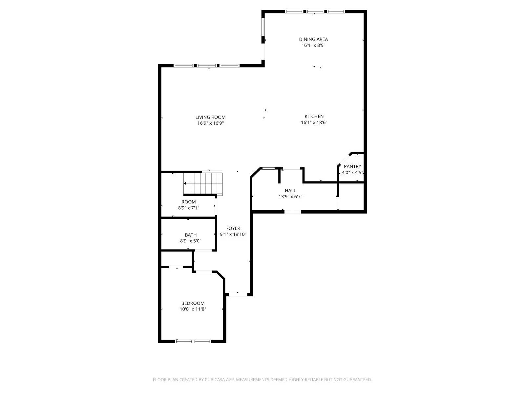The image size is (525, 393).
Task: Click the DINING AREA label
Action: tap(313, 39)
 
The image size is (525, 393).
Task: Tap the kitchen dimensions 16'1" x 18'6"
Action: tap(314, 122)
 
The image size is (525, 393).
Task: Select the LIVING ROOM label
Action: tap(210, 117)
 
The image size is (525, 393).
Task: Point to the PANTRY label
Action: tap(352, 166)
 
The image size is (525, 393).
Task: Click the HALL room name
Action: tap(290, 190)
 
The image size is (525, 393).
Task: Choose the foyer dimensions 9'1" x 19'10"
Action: tap(233, 234)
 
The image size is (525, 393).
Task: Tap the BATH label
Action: tap(191, 235)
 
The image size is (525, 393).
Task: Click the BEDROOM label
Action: tap(193, 303)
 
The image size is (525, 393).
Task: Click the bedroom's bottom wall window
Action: tap(193, 341)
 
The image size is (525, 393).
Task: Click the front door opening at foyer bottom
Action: tap(238, 294)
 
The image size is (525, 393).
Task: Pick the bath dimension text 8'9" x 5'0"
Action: tap(191, 241)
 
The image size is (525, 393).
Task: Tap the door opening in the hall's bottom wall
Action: tap(292, 212)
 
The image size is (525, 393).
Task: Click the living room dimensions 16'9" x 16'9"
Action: tap(210, 123)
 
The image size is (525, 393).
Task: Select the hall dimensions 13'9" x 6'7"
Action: tap(290, 196)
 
